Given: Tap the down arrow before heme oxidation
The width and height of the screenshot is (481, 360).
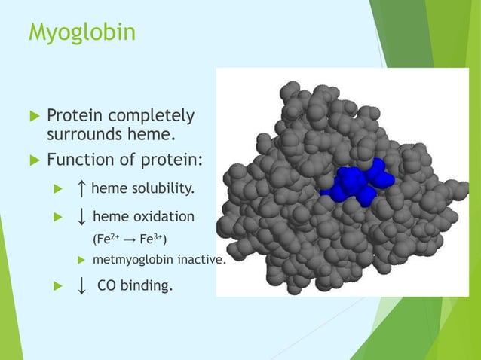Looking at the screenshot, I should click(81, 217).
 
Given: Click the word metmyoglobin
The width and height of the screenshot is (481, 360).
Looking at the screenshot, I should click(131, 260).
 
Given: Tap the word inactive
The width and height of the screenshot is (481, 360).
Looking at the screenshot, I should click(201, 260).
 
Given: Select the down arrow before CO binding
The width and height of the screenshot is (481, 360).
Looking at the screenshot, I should click(81, 285).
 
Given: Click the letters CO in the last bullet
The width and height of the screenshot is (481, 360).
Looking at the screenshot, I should click(107, 285).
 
